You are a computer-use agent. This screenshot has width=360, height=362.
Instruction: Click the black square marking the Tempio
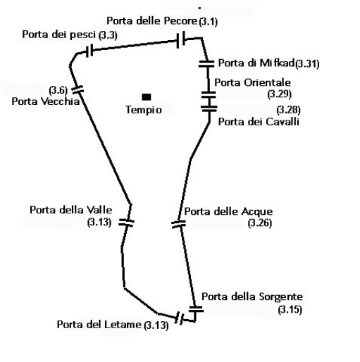tap(147, 96)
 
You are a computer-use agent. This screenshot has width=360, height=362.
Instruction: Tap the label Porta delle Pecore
tap(151, 21)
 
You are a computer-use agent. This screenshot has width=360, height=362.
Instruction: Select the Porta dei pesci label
tap(58, 35)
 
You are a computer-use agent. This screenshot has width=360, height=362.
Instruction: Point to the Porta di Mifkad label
tap(256, 63)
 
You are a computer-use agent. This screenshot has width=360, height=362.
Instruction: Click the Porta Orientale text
tap(252, 82)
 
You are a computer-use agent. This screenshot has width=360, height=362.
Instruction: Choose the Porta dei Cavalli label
tap(259, 122)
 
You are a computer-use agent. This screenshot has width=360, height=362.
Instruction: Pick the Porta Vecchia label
tap(46, 101)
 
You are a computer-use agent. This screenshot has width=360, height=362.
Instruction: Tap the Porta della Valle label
tap(71, 210)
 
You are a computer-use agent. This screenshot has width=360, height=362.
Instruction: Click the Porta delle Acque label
tap(228, 211)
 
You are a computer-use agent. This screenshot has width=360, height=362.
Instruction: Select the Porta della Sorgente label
tap(252, 297)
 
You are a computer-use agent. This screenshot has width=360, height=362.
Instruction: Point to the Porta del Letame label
tap(99, 325)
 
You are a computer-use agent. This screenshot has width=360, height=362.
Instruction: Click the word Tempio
tap(144, 110)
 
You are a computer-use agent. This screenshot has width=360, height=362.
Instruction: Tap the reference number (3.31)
tap(307, 64)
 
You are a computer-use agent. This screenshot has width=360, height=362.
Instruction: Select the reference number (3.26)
tap(260, 223)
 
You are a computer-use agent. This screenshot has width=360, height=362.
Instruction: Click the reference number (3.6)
tap(58, 90)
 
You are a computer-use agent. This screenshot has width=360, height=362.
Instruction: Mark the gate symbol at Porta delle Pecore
tap(180, 39)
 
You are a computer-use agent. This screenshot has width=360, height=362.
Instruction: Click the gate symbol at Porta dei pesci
tap(89, 51)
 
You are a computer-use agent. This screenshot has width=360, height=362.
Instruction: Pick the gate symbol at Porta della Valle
tap(126, 223)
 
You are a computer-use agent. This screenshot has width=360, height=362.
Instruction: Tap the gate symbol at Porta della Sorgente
tap(196, 308)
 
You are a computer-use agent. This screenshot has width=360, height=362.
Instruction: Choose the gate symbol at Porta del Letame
tap(180, 318)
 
